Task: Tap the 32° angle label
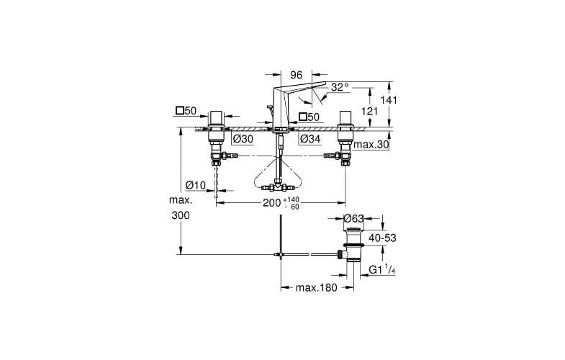click(x=340, y=87)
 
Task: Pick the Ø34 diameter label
click(x=309, y=139)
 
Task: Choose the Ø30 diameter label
click(x=243, y=139)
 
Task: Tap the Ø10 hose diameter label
click(x=195, y=185)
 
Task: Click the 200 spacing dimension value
click(x=271, y=204)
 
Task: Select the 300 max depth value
click(x=181, y=215)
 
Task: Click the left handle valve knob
click(x=215, y=118)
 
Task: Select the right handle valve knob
click(x=343, y=119)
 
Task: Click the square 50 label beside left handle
click(x=186, y=111)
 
